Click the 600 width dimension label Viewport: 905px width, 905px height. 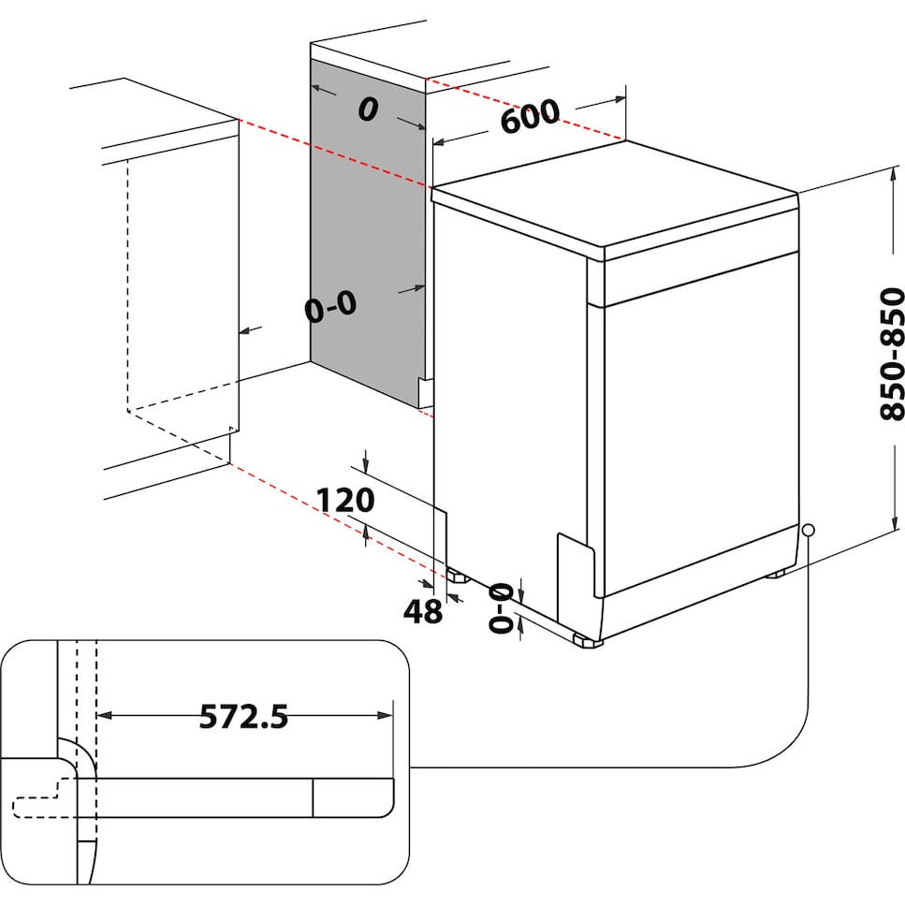pos(529,117)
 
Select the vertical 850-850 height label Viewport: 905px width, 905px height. pos(893,354)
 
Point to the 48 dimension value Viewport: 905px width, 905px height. pos(422,611)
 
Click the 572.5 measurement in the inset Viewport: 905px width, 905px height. pos(243,717)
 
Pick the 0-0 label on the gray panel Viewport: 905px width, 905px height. pos(331,307)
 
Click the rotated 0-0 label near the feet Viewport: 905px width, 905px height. pos(503,606)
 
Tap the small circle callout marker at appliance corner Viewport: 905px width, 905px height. pos(808,530)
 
